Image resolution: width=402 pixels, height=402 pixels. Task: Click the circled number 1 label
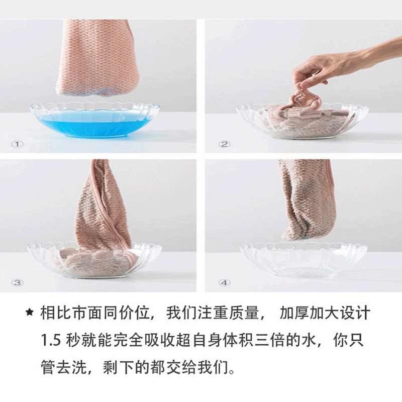pyautogui.click(x=18, y=144)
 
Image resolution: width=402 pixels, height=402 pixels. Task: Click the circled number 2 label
pyautogui.click(x=224, y=144)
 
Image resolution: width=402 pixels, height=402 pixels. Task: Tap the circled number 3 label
pyautogui.click(x=18, y=283)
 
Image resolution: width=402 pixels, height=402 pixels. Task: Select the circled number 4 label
pyautogui.click(x=224, y=283)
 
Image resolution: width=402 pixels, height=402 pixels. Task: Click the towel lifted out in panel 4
pyautogui.click(x=304, y=200)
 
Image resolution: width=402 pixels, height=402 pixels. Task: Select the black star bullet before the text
pyautogui.click(x=30, y=313)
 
